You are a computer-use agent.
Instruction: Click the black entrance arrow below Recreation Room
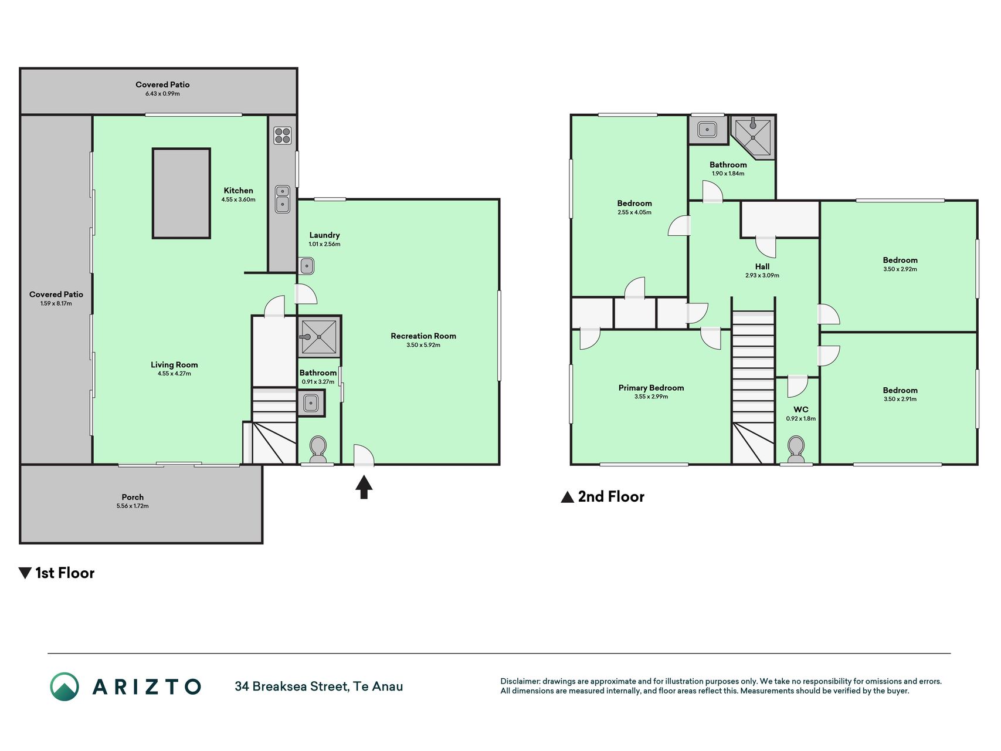(x=364, y=487)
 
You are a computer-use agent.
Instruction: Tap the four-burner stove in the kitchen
(x=283, y=136)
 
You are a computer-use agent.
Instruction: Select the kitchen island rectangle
(x=181, y=193)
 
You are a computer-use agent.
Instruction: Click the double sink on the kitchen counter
(x=283, y=199)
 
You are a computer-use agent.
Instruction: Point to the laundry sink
(x=307, y=266)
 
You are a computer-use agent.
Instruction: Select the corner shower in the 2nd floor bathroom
(x=753, y=136)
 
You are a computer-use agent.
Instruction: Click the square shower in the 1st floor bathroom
(x=319, y=337)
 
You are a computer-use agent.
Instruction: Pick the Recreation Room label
(x=423, y=336)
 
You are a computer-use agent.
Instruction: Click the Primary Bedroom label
(x=651, y=388)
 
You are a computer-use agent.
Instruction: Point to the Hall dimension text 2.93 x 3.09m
(x=762, y=275)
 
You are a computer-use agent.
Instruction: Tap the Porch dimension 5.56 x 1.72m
(x=133, y=506)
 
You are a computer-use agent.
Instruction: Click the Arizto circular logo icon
(x=64, y=686)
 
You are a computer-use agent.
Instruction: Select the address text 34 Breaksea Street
(x=291, y=686)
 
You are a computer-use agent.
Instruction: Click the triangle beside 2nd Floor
(x=567, y=498)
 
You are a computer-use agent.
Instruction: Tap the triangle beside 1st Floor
(x=25, y=573)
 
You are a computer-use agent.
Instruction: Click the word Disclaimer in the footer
(x=520, y=681)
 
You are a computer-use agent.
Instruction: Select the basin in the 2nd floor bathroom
(x=708, y=129)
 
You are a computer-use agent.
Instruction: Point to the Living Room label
(x=174, y=365)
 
